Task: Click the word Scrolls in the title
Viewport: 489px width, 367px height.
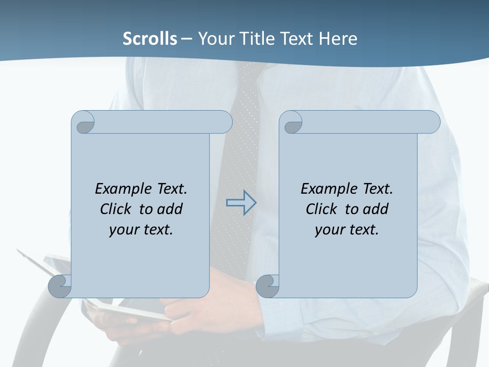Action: pos(150,39)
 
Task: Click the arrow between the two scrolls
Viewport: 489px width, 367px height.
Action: pos(241,202)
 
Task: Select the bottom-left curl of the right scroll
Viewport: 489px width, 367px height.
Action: pos(268,286)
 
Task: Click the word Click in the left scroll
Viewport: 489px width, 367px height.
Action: pos(117,209)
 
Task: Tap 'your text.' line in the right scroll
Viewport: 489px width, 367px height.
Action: pos(346,229)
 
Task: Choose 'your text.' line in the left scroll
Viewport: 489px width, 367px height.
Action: pos(141,229)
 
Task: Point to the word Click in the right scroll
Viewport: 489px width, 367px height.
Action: pos(321,209)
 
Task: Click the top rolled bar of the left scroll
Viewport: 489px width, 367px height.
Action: pos(163,122)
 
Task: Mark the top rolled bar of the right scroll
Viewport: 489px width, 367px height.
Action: pos(371,122)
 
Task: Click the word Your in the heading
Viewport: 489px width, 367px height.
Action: pos(214,39)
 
